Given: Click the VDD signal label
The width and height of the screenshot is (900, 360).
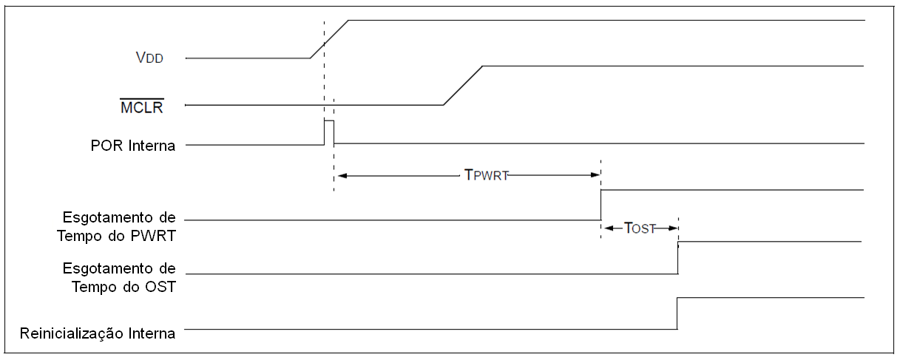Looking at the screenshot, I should pyautogui.click(x=149, y=58).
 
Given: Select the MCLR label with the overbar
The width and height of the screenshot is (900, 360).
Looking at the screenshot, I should pyautogui.click(x=142, y=108).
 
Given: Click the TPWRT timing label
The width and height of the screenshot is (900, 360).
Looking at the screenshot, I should pyautogui.click(x=486, y=175).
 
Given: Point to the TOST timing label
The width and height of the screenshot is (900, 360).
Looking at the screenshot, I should pyautogui.click(x=640, y=228).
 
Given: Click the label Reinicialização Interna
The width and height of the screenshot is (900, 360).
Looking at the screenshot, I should pyautogui.click(x=98, y=333).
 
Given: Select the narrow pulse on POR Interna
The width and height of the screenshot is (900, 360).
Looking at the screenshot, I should pyautogui.click(x=328, y=120).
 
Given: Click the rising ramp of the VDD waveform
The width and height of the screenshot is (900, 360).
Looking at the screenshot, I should pyautogui.click(x=329, y=39).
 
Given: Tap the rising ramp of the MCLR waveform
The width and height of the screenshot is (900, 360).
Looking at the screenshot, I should pyautogui.click(x=463, y=85).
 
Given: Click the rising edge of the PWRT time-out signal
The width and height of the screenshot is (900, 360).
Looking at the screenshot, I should pyautogui.click(x=600, y=205).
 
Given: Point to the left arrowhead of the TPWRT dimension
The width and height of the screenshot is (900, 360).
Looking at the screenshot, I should pyautogui.click(x=341, y=175).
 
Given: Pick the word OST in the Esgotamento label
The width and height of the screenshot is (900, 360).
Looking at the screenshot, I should pyautogui.click(x=160, y=287).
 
